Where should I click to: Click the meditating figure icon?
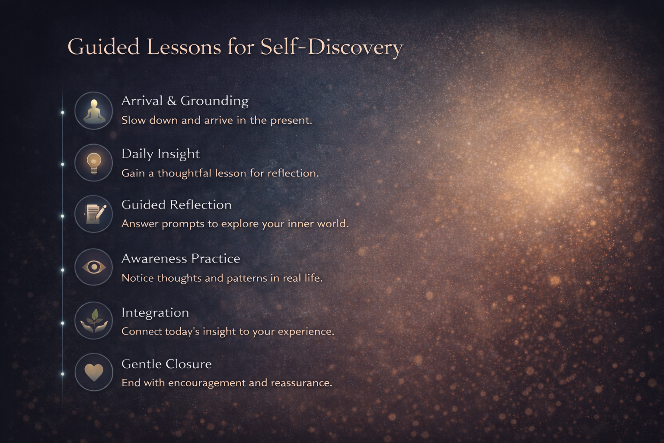(x=94, y=112)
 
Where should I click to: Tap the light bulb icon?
(x=94, y=163)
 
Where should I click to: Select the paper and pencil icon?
(x=95, y=214)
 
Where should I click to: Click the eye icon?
(x=94, y=267)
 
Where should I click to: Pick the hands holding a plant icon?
(x=94, y=321)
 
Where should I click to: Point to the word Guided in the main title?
(x=103, y=47)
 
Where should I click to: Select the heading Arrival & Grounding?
(x=185, y=101)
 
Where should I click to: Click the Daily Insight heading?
(x=161, y=154)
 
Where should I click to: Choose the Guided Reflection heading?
(x=176, y=205)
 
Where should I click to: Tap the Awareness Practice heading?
(x=181, y=258)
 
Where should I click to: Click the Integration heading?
(x=155, y=313)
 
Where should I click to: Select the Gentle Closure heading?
(x=166, y=364)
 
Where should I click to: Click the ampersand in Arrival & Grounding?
(x=172, y=101)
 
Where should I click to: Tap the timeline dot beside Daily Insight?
(x=63, y=164)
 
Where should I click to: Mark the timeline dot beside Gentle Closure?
(x=63, y=374)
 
